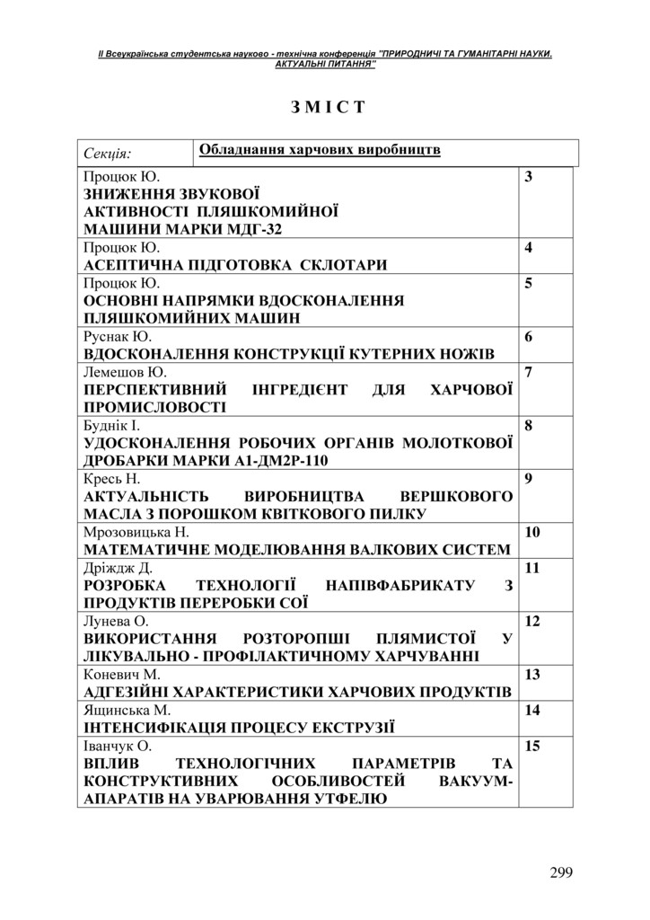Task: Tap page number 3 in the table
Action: pos(529,177)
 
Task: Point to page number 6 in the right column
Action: pos(529,337)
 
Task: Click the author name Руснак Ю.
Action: pos(118,336)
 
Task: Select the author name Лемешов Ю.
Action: pos(125,372)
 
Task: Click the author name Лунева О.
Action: pos(116,621)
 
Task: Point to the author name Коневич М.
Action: pos(121,674)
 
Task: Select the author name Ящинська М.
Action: pos(127,710)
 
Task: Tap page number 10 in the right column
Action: pos(531,533)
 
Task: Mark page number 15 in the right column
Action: pos(531,746)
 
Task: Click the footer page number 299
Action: pos(560,871)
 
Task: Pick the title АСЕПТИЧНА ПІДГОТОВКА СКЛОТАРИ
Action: pos(236,265)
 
